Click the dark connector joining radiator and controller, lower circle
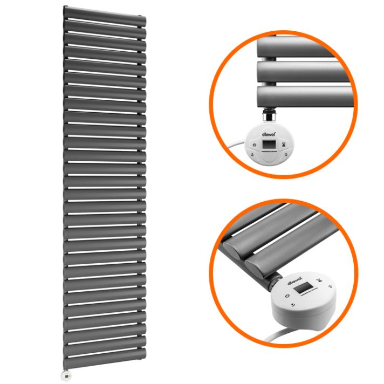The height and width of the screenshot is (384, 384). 277,280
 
